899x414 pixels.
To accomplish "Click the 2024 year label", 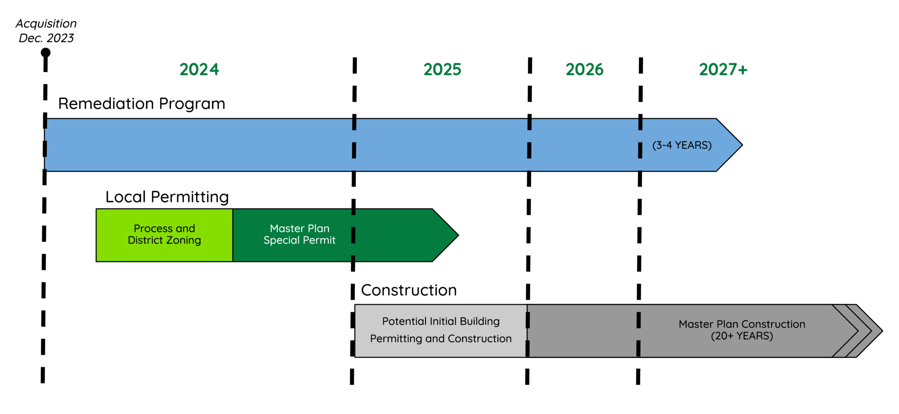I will (199, 70).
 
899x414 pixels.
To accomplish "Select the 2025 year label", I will (442, 70).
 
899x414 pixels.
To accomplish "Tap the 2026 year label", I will (584, 70).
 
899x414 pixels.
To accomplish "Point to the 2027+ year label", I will (723, 70).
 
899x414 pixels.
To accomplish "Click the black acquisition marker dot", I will (46, 53).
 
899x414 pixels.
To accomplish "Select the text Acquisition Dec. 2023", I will (46, 31).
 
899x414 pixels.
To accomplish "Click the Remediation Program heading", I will (142, 104).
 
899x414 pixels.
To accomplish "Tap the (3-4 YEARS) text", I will (682, 145).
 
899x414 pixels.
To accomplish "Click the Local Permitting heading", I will (167, 197).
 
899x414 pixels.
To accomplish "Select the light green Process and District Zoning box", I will (164, 235).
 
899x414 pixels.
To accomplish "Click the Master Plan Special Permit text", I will (300, 234).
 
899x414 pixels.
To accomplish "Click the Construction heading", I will (409, 290).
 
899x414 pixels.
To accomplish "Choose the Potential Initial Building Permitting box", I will (441, 330).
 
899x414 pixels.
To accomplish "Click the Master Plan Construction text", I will (742, 324).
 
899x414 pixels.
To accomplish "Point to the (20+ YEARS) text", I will (742, 336).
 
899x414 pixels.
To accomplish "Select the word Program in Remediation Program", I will (192, 104).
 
